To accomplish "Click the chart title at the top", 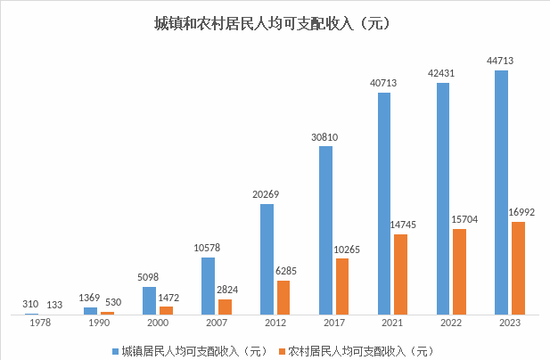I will click(x=274, y=23).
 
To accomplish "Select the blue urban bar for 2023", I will click(x=502, y=192).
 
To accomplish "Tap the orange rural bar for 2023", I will click(x=519, y=267).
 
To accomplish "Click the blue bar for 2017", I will click(x=325, y=230).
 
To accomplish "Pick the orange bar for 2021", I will click(x=400, y=274).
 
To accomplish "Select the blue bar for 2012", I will click(x=267, y=258).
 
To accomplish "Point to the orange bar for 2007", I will click(x=225, y=306).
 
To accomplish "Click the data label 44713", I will click(x=499, y=61).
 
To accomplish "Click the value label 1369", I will click(x=87, y=297).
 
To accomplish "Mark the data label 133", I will click(x=54, y=304).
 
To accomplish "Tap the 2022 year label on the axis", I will click(x=451, y=324).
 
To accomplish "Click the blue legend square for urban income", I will click(x=115, y=349).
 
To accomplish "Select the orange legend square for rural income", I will click(x=281, y=349).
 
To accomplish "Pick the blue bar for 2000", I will click(x=149, y=300).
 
